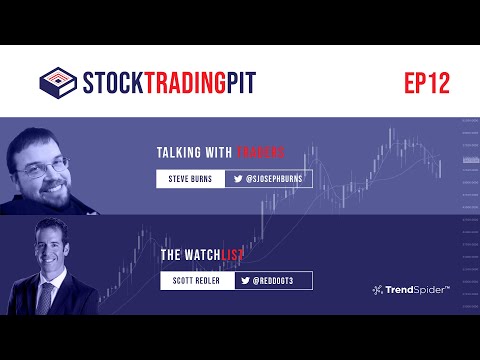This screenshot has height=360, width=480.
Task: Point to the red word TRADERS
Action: click(x=260, y=153)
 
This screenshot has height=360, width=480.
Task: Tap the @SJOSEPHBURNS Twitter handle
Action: click(x=271, y=180)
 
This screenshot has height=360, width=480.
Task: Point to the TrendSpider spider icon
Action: click(x=378, y=290)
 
